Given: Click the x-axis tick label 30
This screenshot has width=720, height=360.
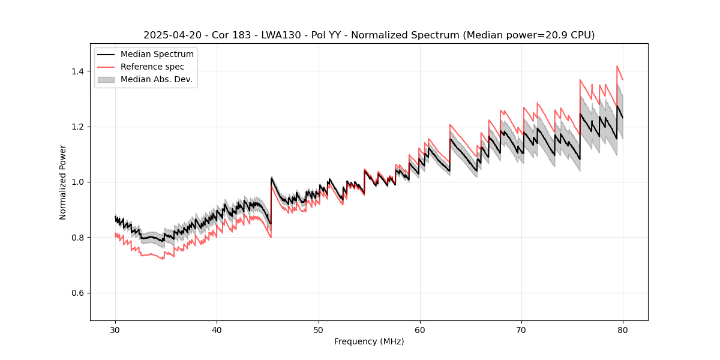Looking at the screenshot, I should [x=115, y=330].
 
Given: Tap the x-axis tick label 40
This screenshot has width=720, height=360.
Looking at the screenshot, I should [x=217, y=330].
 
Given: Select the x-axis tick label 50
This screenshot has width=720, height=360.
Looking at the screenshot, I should [x=319, y=330].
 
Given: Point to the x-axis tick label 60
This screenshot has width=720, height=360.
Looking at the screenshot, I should [x=420, y=330].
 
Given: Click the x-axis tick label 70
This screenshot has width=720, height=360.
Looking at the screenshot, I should [x=521, y=330].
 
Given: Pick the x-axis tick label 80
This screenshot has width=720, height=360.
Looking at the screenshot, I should [x=623, y=330].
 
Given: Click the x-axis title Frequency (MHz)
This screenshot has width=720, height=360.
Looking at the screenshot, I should [x=369, y=341].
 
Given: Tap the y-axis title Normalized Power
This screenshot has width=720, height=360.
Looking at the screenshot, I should [x=62, y=182].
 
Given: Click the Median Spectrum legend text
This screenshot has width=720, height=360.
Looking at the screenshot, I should [x=157, y=55].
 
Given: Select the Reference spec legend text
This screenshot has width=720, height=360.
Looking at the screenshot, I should [x=152, y=67].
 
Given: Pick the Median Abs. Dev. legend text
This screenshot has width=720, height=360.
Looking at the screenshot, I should [x=156, y=79].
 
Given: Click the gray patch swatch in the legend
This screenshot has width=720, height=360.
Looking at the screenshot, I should [x=106, y=79].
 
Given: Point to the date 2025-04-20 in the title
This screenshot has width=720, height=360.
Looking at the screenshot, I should [x=171, y=35].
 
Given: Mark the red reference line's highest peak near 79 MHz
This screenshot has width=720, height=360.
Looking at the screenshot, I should [x=617, y=67].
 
